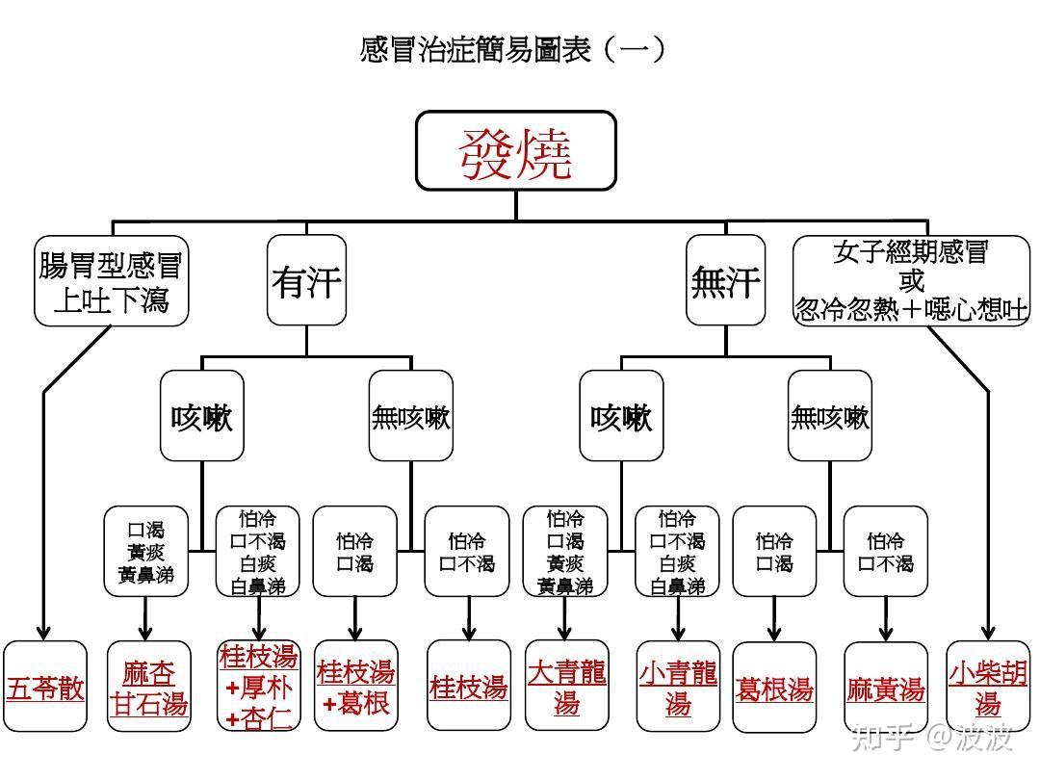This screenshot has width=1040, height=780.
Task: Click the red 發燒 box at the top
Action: tap(515, 151)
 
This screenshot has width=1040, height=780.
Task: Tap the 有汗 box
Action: tap(306, 281)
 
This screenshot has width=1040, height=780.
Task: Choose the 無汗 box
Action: tap(725, 281)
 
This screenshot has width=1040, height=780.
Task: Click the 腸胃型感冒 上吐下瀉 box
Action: tap(111, 281)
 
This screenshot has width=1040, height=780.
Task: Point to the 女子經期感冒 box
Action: tap(911, 281)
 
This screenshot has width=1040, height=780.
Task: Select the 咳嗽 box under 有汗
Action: tap(201, 416)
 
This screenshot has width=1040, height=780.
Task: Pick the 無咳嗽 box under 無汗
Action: tap(829, 416)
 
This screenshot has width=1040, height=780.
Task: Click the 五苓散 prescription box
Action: tap(45, 688)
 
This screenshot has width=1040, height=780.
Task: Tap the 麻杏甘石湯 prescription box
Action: tap(146, 688)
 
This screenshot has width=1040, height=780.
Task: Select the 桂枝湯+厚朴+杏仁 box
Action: tap(258, 687)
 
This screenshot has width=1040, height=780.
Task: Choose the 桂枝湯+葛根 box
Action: tap(355, 688)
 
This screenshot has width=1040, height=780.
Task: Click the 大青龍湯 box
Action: tap(566, 686)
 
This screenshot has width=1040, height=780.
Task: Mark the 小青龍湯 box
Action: tap(678, 688)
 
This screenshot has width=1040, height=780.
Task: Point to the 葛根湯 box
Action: tap(774, 688)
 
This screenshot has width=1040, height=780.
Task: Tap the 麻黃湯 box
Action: tap(885, 688)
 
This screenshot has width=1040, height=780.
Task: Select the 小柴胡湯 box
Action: tap(987, 688)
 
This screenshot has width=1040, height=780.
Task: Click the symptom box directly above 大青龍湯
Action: tap(565, 552)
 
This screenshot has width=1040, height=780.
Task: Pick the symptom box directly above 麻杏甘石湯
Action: tap(146, 552)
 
